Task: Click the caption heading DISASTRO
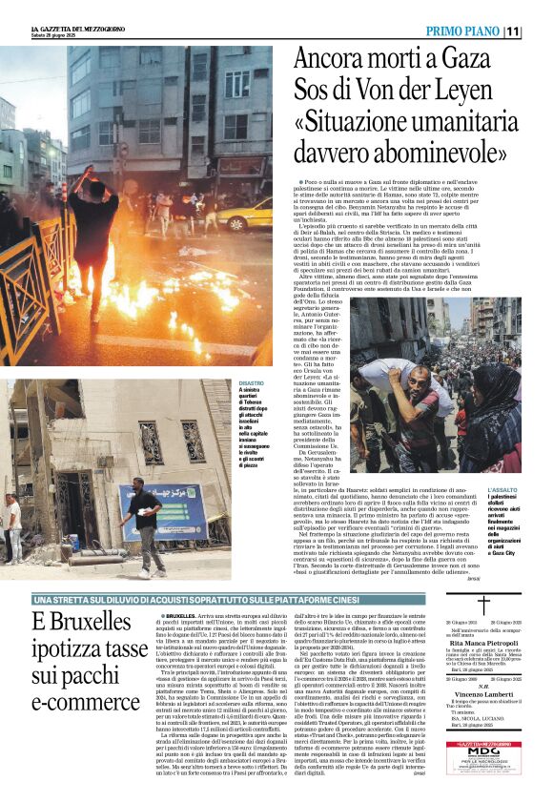click(x=251, y=382)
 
